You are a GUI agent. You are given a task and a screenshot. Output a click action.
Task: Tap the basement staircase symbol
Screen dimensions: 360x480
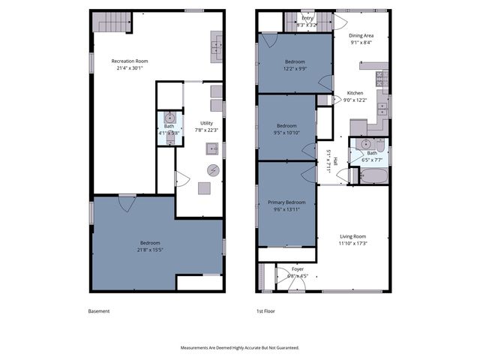click(109, 22)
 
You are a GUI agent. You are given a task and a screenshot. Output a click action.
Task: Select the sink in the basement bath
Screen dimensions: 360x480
click(169, 118)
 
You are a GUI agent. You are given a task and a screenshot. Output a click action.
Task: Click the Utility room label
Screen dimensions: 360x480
click(206, 123)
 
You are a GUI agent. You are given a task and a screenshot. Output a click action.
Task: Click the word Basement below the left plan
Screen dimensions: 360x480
click(99, 310)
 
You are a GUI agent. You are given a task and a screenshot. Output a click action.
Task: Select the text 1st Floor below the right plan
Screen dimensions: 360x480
click(265, 310)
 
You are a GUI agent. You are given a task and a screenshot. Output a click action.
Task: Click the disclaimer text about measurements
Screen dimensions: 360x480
click(240, 348)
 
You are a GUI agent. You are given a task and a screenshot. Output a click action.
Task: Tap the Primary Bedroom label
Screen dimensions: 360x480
click(286, 202)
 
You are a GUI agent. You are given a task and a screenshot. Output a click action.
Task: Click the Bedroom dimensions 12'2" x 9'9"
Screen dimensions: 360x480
click(295, 68)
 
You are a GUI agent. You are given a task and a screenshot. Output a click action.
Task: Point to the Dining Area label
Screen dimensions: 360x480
click(361, 35)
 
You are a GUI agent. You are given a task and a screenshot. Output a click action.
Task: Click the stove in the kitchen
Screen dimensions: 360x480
click(380, 77)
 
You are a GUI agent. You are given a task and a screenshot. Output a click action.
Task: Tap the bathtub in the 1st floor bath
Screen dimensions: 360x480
click(373, 177)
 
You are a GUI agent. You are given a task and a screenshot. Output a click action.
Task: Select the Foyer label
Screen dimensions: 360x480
click(298, 268)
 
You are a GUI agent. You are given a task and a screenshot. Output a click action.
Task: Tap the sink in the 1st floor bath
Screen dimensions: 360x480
click(365, 144)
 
